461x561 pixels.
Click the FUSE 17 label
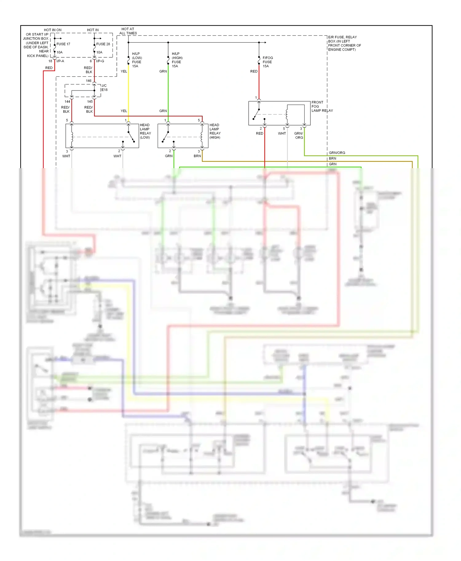coord(63,44)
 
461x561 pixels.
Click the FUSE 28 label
coord(103,44)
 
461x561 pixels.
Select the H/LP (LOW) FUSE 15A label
coord(137,60)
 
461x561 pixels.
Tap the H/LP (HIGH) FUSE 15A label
coord(177,60)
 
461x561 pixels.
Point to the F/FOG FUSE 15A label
coord(267,62)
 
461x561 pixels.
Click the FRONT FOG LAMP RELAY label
coord(321,106)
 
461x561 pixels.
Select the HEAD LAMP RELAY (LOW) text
coord(145,131)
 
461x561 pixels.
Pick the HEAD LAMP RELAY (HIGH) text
coord(215,131)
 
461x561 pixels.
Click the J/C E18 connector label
coord(104,88)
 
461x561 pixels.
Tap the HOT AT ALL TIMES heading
coord(128,31)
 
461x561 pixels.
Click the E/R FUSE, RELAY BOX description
coord(344,43)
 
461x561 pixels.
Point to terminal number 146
coord(89,81)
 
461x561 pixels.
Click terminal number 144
coord(67,102)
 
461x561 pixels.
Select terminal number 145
coord(90,102)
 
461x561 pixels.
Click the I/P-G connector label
coord(100,61)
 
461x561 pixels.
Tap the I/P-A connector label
coord(60,61)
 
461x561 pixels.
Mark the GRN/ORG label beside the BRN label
coord(337,153)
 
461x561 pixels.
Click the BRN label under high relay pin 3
coord(197,156)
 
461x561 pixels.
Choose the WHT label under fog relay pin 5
coord(282,133)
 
